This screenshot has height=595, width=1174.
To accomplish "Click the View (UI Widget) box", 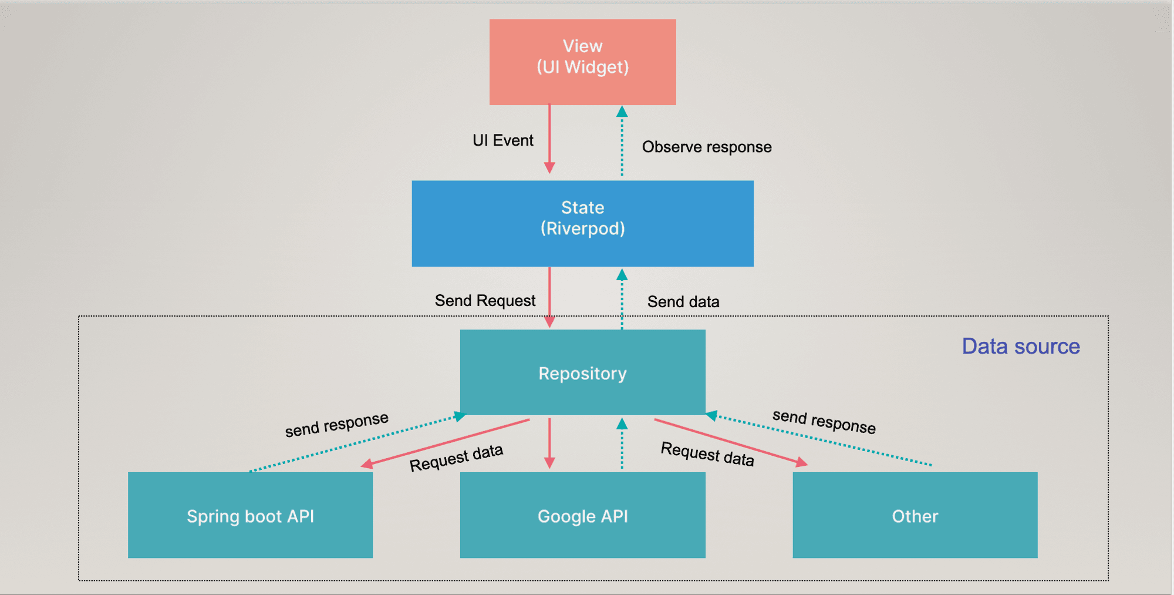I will pyautogui.click(x=582, y=62).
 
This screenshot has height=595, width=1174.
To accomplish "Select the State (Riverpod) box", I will pyautogui.click(x=582, y=223).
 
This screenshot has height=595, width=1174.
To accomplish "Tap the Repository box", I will pyautogui.click(x=582, y=372).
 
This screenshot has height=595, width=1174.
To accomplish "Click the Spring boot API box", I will pyautogui.click(x=250, y=515).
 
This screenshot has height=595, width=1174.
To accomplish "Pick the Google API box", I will pyautogui.click(x=582, y=515).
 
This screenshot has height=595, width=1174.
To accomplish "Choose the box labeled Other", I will pyautogui.click(x=915, y=515).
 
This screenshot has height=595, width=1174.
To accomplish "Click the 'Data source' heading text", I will pyautogui.click(x=1020, y=347).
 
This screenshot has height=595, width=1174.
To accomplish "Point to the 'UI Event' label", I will pyautogui.click(x=503, y=140).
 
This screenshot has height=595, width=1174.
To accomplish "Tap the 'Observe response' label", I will pyautogui.click(x=706, y=147).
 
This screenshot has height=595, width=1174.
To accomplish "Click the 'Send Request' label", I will pyautogui.click(x=485, y=301).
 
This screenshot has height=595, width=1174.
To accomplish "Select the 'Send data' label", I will pyautogui.click(x=683, y=302).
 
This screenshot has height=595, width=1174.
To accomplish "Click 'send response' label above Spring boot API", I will pyautogui.click(x=336, y=424).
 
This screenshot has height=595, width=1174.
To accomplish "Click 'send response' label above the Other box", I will pyautogui.click(x=824, y=422).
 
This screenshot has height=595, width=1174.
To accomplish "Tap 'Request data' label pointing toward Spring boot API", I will pyautogui.click(x=456, y=458).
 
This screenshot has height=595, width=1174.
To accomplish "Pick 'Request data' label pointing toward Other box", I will pyautogui.click(x=707, y=454).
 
